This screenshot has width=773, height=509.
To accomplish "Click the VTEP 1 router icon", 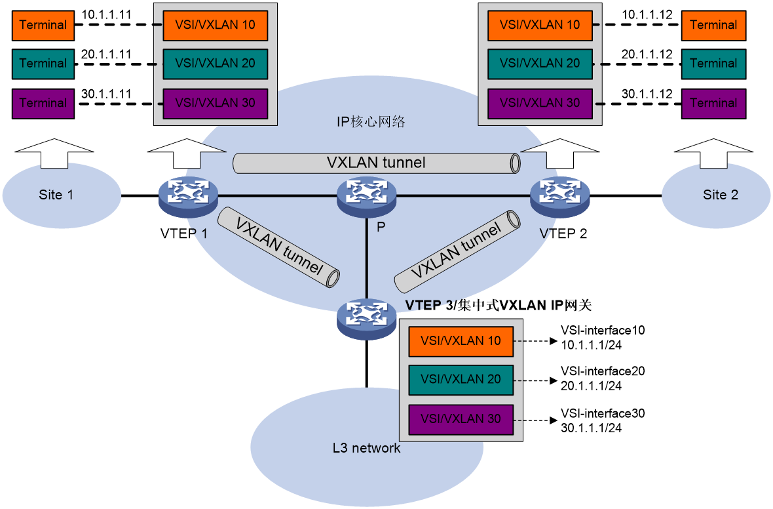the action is click(188, 197).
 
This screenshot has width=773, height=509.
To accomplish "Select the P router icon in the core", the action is click(366, 197).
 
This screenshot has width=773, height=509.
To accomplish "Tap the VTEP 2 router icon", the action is click(559, 197).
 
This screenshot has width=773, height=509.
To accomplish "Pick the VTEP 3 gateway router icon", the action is click(366, 319).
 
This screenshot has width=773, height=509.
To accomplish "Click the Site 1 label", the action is click(56, 195).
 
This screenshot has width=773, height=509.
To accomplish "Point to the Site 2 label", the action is click(720, 195).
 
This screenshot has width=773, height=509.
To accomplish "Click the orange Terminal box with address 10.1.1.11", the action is click(43, 25).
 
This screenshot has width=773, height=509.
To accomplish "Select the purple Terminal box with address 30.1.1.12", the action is click(713, 103).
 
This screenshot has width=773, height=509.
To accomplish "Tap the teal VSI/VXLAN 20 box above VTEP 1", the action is click(216, 64).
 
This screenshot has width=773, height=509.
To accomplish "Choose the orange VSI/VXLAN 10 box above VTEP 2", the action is click(540, 25).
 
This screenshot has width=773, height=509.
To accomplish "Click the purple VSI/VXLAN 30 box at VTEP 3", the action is click(461, 419).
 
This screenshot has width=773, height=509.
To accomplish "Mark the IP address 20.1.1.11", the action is click(107, 54).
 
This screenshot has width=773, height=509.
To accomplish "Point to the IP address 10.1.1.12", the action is click(647, 15).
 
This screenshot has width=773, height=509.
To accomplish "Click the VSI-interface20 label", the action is click(603, 371).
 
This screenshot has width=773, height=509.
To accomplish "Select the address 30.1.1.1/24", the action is click(591, 428).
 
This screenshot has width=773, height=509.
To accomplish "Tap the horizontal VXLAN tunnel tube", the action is click(377, 163).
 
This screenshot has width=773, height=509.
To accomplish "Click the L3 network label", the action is click(366, 448).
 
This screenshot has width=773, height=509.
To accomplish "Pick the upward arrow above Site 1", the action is click(54, 153).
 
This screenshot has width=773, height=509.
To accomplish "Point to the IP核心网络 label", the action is click(371, 121).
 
